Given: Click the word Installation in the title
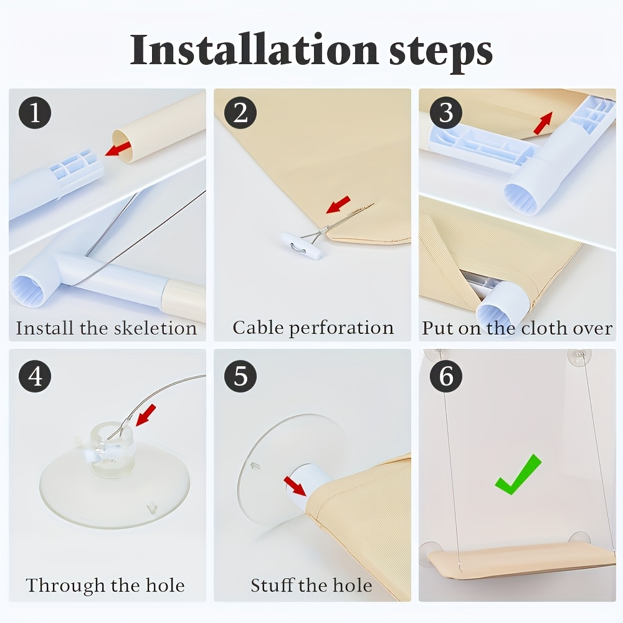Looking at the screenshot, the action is pos(254,50).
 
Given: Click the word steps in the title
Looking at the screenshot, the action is pos(440,53).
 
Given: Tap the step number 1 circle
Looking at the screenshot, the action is pos(35,112).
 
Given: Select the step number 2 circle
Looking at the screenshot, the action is pos(240,112).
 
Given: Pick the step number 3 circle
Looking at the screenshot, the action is pos(446,112).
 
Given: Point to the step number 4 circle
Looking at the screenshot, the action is pos(35,376).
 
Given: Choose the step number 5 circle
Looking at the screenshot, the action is pos(240,376).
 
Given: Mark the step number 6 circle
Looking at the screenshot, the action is pos(446,376).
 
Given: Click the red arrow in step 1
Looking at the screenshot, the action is pos(118,148).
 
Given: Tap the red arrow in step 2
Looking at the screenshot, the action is pos(338,204).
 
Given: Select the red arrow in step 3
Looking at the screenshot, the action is pos(543,123).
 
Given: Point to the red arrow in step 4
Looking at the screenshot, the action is pos(146,415).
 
